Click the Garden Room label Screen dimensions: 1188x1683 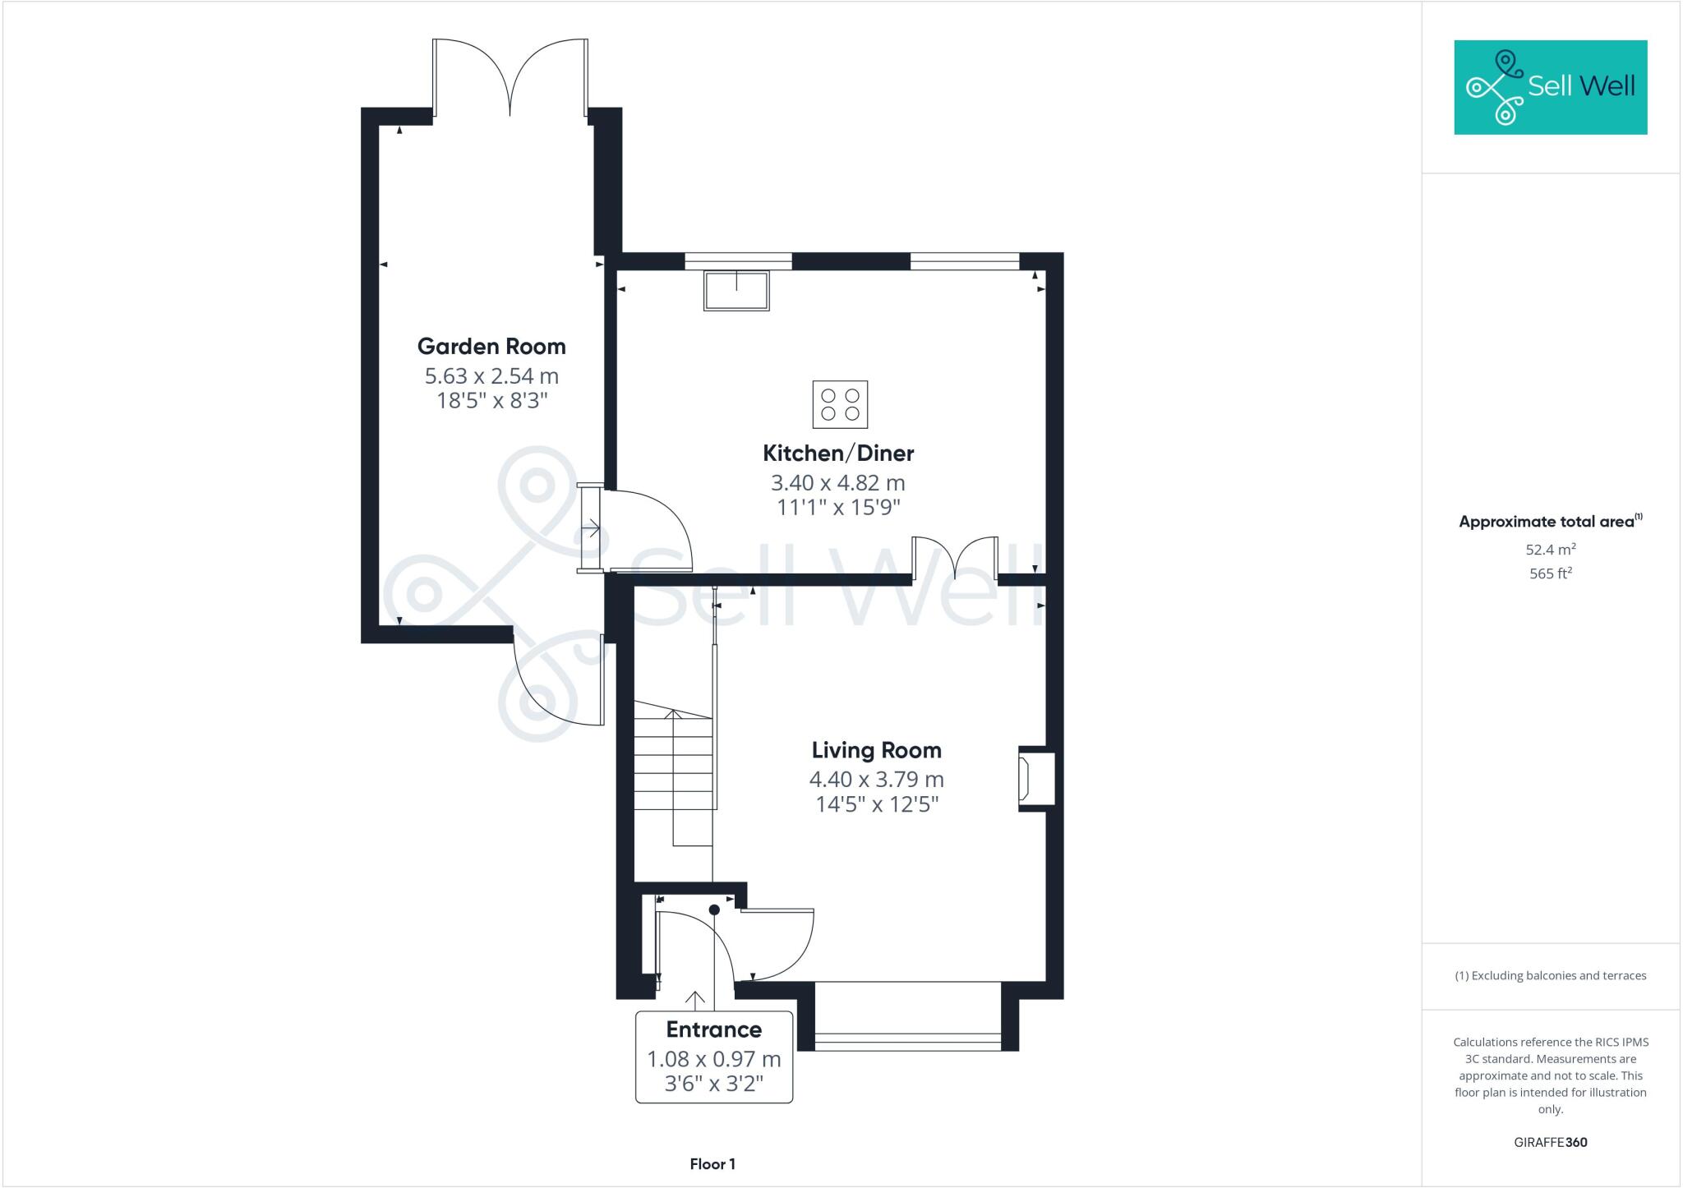(491, 347)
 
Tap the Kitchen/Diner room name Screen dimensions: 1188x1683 (837, 454)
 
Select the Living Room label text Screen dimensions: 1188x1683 (876, 750)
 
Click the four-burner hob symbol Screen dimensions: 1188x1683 (840, 404)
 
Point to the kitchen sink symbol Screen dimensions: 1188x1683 (736, 291)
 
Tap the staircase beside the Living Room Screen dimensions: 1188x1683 (673, 776)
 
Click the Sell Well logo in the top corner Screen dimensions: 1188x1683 (1550, 87)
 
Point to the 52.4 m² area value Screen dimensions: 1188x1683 (1550, 550)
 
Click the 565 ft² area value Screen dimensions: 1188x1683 (1550, 573)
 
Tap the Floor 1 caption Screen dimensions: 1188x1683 (712, 1164)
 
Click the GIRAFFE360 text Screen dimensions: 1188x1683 (1550, 1142)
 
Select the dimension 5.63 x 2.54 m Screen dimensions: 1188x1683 (491, 376)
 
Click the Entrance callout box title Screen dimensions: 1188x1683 (713, 1029)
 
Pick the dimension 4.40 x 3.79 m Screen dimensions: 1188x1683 (876, 780)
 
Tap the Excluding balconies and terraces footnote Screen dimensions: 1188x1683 (1550, 976)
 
